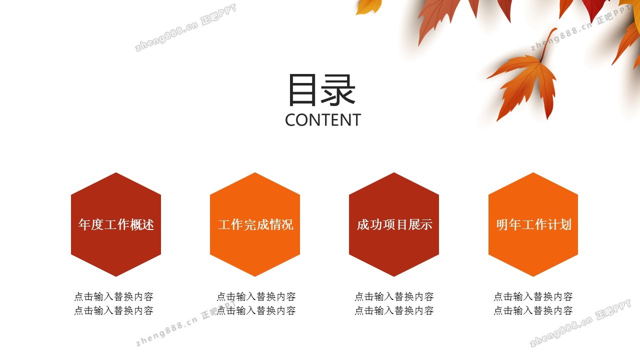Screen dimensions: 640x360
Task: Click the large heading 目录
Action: [x=322, y=89]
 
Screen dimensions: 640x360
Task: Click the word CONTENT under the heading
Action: [x=323, y=120]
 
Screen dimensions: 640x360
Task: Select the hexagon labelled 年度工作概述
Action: [x=116, y=224]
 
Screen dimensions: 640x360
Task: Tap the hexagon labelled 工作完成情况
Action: [x=255, y=224]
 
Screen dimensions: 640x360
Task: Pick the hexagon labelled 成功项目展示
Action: [x=394, y=224]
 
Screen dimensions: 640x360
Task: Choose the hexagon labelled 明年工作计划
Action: [x=533, y=224]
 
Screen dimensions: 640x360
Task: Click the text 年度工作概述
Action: [x=116, y=224]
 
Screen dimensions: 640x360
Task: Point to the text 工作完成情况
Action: [x=255, y=224]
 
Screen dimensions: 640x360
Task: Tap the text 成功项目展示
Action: [x=394, y=224]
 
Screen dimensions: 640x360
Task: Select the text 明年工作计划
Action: [x=533, y=224]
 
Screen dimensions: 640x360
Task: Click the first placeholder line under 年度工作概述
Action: [x=113, y=296]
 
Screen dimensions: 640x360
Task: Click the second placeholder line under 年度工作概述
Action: [x=113, y=310]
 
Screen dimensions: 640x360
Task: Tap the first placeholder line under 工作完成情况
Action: [x=256, y=296]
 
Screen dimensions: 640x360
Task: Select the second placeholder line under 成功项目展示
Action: [x=394, y=310]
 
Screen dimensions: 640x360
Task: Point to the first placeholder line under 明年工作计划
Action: [x=533, y=296]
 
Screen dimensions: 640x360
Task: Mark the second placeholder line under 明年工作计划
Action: [x=533, y=310]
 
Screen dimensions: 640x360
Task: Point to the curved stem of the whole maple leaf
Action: [x=547, y=43]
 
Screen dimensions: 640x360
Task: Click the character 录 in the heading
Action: [x=338, y=89]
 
